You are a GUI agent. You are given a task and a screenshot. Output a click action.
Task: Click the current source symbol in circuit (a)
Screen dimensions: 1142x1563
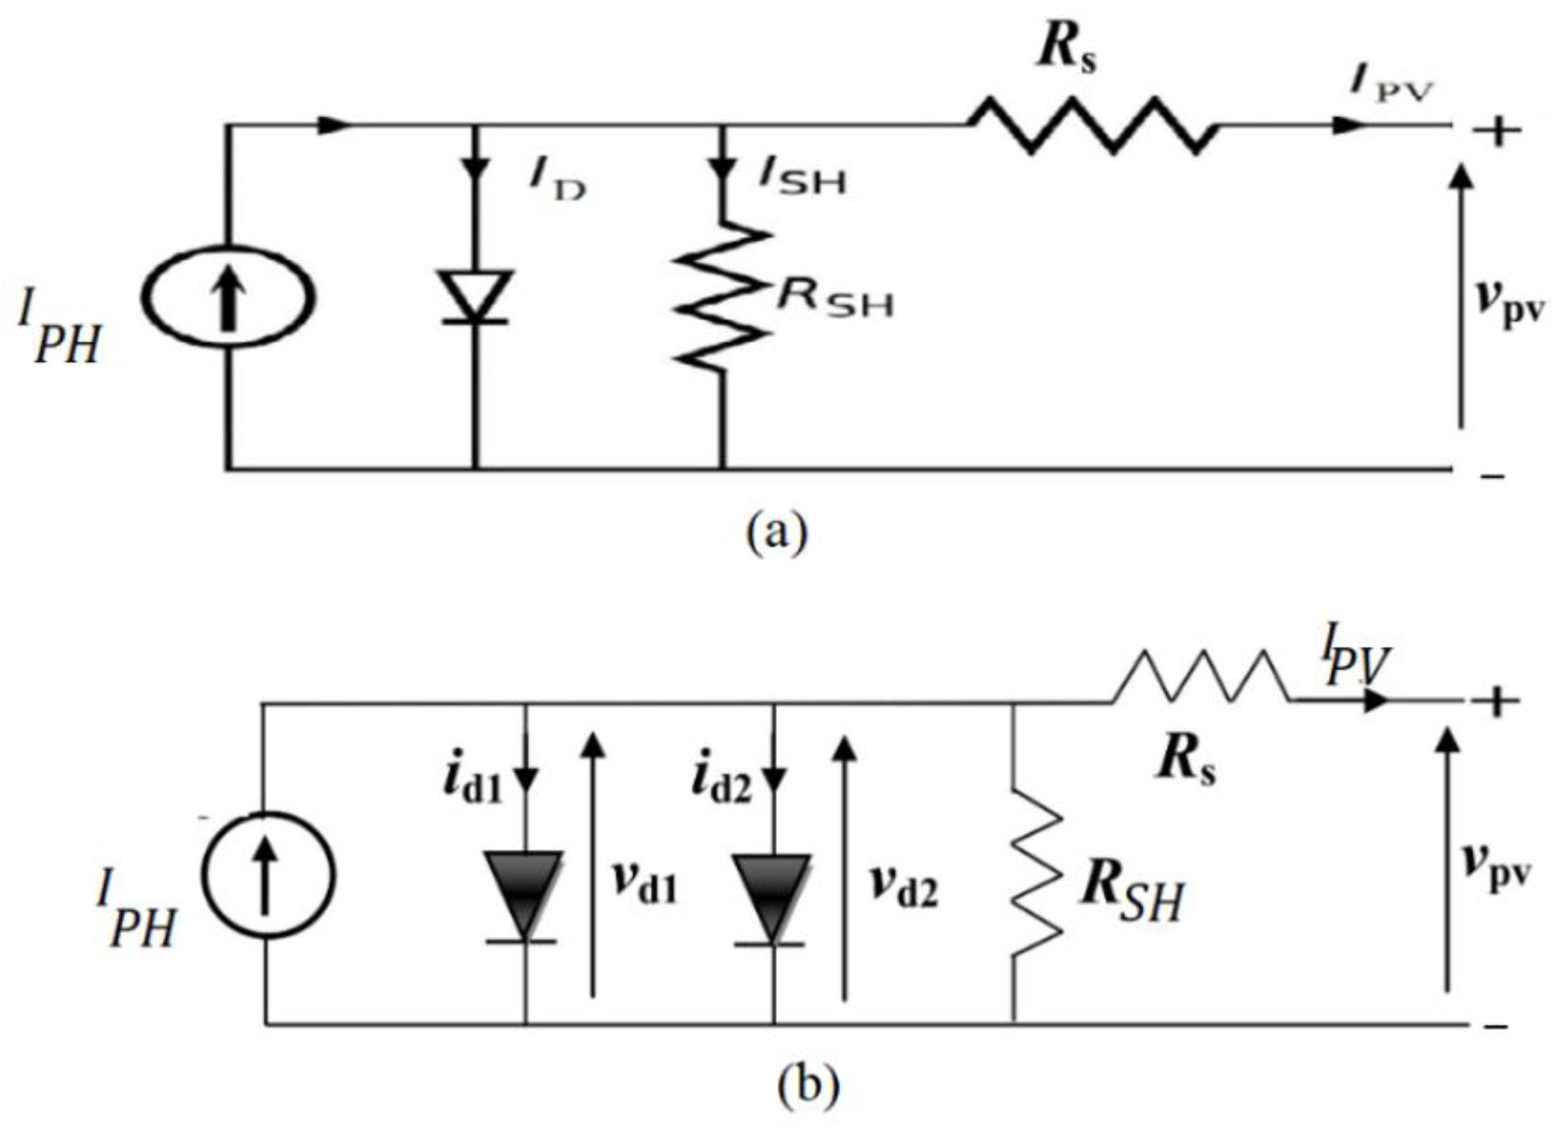tap(228, 297)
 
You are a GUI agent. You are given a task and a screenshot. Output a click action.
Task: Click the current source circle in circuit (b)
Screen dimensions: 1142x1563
tap(270, 874)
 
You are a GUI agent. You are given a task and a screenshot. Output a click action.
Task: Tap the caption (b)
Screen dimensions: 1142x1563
tap(809, 1087)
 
